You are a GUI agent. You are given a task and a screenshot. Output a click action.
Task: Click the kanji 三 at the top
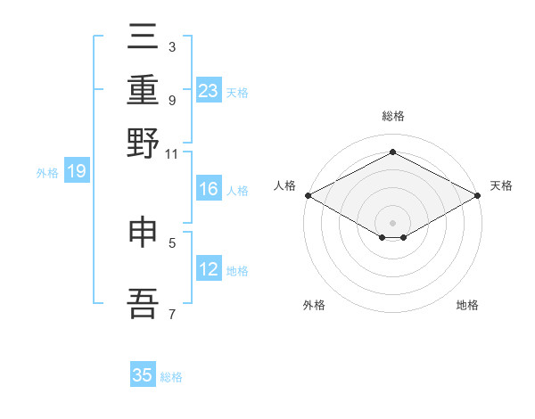[x=143, y=36]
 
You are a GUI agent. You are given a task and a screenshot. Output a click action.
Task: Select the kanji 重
[x=143, y=89]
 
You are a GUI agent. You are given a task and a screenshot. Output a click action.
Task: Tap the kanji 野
[x=143, y=143]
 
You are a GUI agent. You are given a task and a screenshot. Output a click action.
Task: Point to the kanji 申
[x=143, y=232]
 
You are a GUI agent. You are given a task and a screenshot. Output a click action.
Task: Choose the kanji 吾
[x=143, y=303]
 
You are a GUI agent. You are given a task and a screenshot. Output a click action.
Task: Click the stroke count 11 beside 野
[x=171, y=154]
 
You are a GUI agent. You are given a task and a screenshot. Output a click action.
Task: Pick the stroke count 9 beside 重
[x=172, y=101]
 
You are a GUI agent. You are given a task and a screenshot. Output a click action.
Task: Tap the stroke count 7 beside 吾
[x=172, y=314]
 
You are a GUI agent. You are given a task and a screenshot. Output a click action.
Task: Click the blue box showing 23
[x=209, y=90]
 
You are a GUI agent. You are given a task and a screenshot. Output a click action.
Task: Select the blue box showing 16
[x=209, y=188]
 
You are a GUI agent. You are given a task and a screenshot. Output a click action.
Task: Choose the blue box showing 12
[x=209, y=267]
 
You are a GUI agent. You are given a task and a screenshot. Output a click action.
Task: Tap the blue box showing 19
[x=77, y=170]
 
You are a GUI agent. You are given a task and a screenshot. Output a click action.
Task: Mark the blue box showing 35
[x=143, y=374]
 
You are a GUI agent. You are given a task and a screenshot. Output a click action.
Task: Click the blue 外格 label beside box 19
[x=47, y=173]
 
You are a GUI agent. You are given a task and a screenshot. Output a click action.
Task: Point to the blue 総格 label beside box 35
[x=171, y=377]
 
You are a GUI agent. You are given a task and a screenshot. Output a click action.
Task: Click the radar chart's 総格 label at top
[x=393, y=116]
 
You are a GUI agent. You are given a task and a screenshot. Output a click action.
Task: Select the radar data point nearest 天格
[x=478, y=195]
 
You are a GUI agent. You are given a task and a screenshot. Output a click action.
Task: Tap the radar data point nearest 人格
[x=309, y=195]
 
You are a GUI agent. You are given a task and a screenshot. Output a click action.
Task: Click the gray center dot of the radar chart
[x=392, y=223]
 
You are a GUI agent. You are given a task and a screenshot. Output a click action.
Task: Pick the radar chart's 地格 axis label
[x=467, y=305]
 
